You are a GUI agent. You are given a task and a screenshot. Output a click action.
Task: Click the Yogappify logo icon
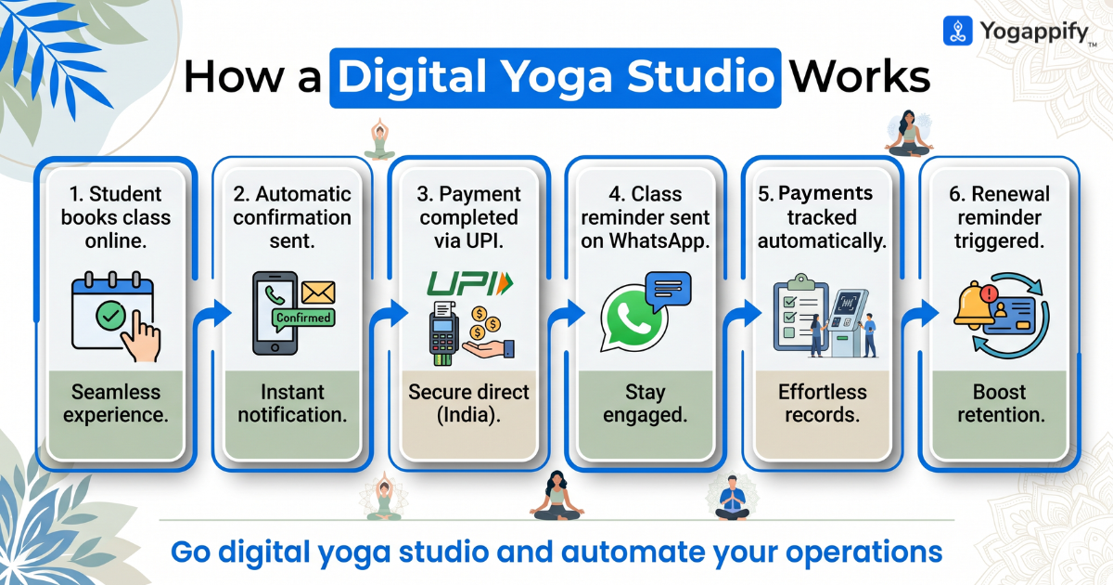(957, 31)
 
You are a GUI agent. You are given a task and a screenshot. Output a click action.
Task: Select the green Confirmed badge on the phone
(302, 318)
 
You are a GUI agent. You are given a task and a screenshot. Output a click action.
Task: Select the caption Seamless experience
(116, 403)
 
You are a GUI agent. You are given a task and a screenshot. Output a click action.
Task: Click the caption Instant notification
(292, 403)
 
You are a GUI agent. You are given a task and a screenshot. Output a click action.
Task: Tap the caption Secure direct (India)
(468, 403)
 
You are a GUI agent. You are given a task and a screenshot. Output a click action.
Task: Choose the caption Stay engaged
(646, 403)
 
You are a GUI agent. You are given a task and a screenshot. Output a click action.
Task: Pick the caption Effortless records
(823, 403)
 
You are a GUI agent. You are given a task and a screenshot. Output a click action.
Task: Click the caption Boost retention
(1001, 403)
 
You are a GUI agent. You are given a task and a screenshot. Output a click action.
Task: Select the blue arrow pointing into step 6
(917, 313)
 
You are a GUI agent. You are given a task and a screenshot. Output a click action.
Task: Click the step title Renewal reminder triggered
(1001, 217)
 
